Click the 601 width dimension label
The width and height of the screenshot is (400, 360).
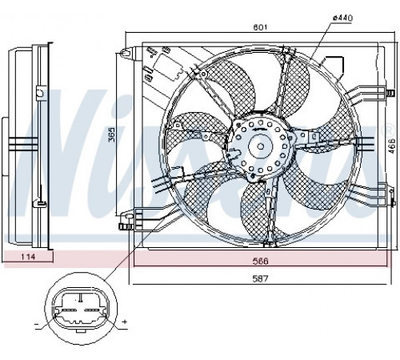260,27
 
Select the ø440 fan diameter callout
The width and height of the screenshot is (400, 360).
342,18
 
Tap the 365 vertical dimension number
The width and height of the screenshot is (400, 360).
112,134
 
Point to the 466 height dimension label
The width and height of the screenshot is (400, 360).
391,146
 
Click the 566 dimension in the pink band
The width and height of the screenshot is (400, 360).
260,261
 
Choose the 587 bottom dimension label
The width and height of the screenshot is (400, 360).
260,278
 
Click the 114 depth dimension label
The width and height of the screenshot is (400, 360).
28,257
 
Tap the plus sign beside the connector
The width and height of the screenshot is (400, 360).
124,322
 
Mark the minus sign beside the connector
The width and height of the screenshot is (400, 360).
37,324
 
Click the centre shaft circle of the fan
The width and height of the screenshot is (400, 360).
261,146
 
